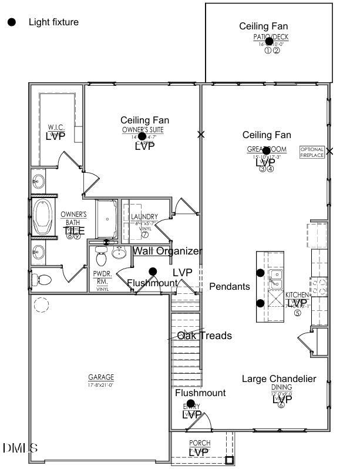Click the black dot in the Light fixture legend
tap(11, 22)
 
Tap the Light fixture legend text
tap(53, 22)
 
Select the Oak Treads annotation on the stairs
tap(204, 336)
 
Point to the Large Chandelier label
tap(279, 378)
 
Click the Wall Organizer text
tap(167, 251)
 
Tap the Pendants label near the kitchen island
tap(230, 287)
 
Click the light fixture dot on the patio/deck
tap(269, 41)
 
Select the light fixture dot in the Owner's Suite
tap(142, 136)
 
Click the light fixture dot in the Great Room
tap(266, 150)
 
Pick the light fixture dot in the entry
tap(190, 403)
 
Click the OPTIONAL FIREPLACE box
tap(312, 152)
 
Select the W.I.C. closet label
tap(56, 128)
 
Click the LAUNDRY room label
tap(144, 217)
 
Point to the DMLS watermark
tap(20, 448)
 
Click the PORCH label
tap(200, 443)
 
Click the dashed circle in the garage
tap(42, 305)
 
